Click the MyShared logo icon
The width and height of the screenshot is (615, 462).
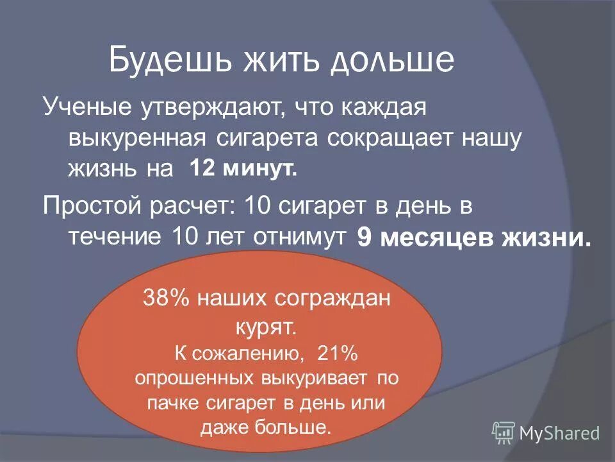503,432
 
